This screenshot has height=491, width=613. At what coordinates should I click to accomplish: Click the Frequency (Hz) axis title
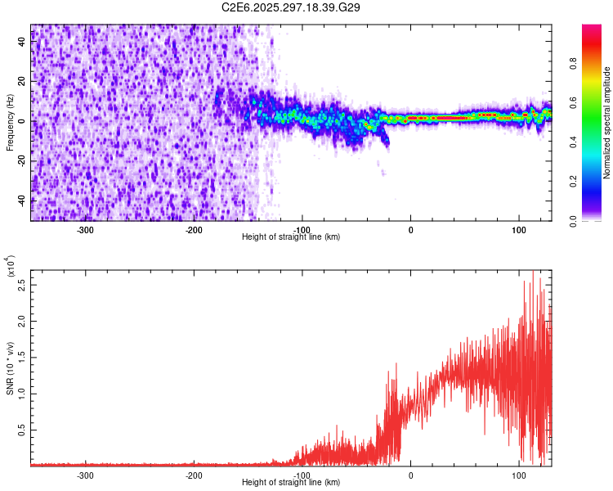(10, 123)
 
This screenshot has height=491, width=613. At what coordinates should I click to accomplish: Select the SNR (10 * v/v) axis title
(10, 367)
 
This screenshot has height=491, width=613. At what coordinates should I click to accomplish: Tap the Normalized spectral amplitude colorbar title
(607, 123)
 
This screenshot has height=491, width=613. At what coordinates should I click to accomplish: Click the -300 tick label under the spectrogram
(86, 229)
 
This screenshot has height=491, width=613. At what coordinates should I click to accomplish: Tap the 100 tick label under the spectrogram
(518, 229)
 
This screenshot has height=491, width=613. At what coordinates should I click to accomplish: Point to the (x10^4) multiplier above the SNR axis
(11, 267)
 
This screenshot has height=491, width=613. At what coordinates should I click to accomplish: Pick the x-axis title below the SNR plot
(291, 483)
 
